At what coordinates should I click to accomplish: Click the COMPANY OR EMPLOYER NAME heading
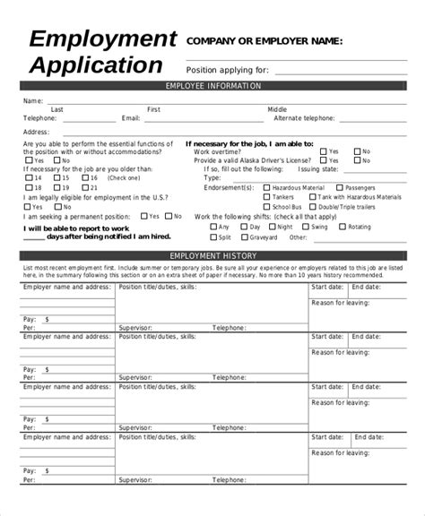point(264,41)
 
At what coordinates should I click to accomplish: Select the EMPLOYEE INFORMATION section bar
point(212,86)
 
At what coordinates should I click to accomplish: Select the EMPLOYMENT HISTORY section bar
point(212,257)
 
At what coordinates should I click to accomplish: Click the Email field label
point(130,117)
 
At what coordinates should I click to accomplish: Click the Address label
point(38,132)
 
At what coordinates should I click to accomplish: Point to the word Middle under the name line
point(278,109)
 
